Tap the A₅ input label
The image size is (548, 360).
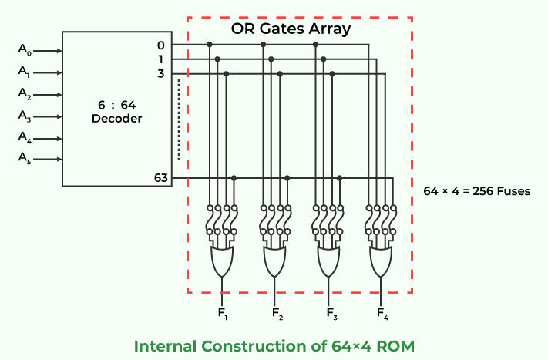pyautogui.click(x=25, y=158)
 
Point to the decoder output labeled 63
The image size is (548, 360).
pyautogui.click(x=160, y=178)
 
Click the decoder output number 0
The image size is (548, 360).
pyautogui.click(x=160, y=45)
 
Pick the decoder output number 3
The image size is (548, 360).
pyautogui.click(x=160, y=74)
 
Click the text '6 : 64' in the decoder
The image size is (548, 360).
pyautogui.click(x=116, y=105)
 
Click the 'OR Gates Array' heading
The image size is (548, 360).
pyautogui.click(x=291, y=29)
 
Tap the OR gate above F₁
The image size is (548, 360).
pyautogui.click(x=223, y=263)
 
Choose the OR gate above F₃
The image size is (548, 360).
pyautogui.click(x=328, y=263)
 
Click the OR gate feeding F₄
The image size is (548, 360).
pyautogui.click(x=382, y=263)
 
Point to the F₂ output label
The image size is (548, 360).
pyautogui.click(x=277, y=313)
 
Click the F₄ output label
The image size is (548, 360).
pyautogui.click(x=382, y=313)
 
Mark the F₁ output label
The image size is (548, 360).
pyautogui.click(x=224, y=313)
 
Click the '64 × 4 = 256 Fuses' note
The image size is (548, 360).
pyautogui.click(x=477, y=190)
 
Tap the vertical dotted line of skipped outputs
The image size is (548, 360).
pyautogui.click(x=179, y=119)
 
